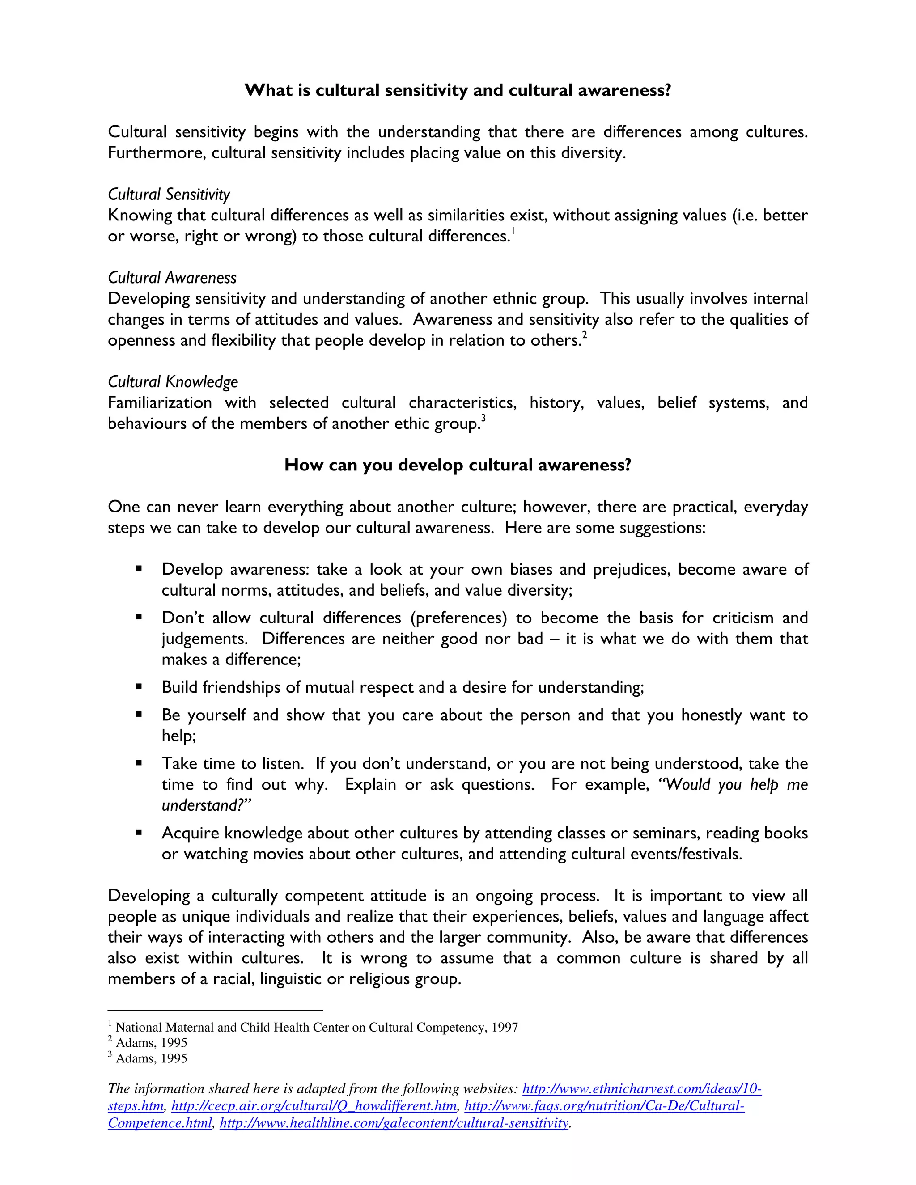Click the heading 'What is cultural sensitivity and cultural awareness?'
pyautogui.click(x=458, y=90)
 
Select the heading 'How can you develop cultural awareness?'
pyautogui.click(x=458, y=465)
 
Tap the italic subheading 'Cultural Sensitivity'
pyautogui.click(x=169, y=194)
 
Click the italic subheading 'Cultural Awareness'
pyautogui.click(x=172, y=278)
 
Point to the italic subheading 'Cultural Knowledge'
pyautogui.click(x=173, y=382)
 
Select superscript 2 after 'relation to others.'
pyautogui.click(x=585, y=336)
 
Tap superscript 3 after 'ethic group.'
pyautogui.click(x=483, y=419)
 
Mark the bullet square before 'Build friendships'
pyautogui.click(x=139, y=686)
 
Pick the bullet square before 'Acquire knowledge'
pyautogui.click(x=139, y=832)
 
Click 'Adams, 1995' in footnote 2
pyautogui.click(x=152, y=1043)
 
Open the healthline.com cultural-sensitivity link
pyautogui.click(x=394, y=1123)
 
